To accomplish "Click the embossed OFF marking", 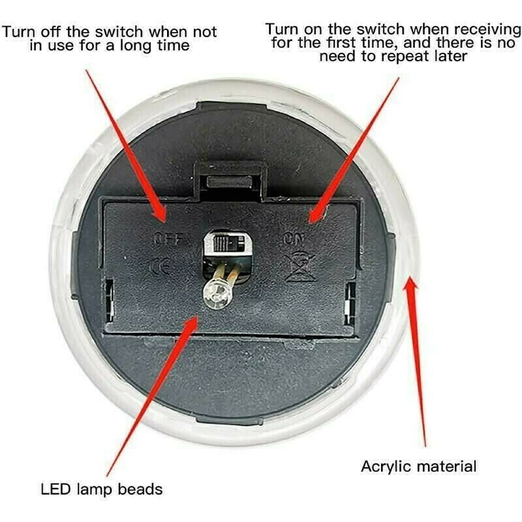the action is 168,239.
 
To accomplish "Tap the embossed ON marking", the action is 293,239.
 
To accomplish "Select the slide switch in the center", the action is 228,243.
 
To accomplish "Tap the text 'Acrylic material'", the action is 419,467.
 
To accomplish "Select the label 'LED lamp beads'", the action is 102,489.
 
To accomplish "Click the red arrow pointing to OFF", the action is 126,146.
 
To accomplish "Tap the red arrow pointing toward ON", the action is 354,151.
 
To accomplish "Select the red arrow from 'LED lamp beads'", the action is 152,396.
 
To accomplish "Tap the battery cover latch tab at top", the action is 230,181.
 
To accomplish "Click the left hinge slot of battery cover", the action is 110,299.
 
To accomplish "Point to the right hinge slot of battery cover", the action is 350,303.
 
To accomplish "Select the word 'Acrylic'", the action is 387,467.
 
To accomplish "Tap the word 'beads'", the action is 140,489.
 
